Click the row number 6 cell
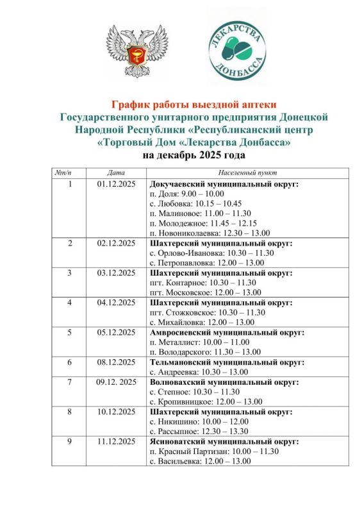pyautogui.click(x=70, y=362)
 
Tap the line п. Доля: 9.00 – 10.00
pyautogui.click(x=185, y=194)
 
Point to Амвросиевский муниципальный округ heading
pyautogui.click(x=226, y=333)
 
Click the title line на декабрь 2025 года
pyautogui.click(x=193, y=156)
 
